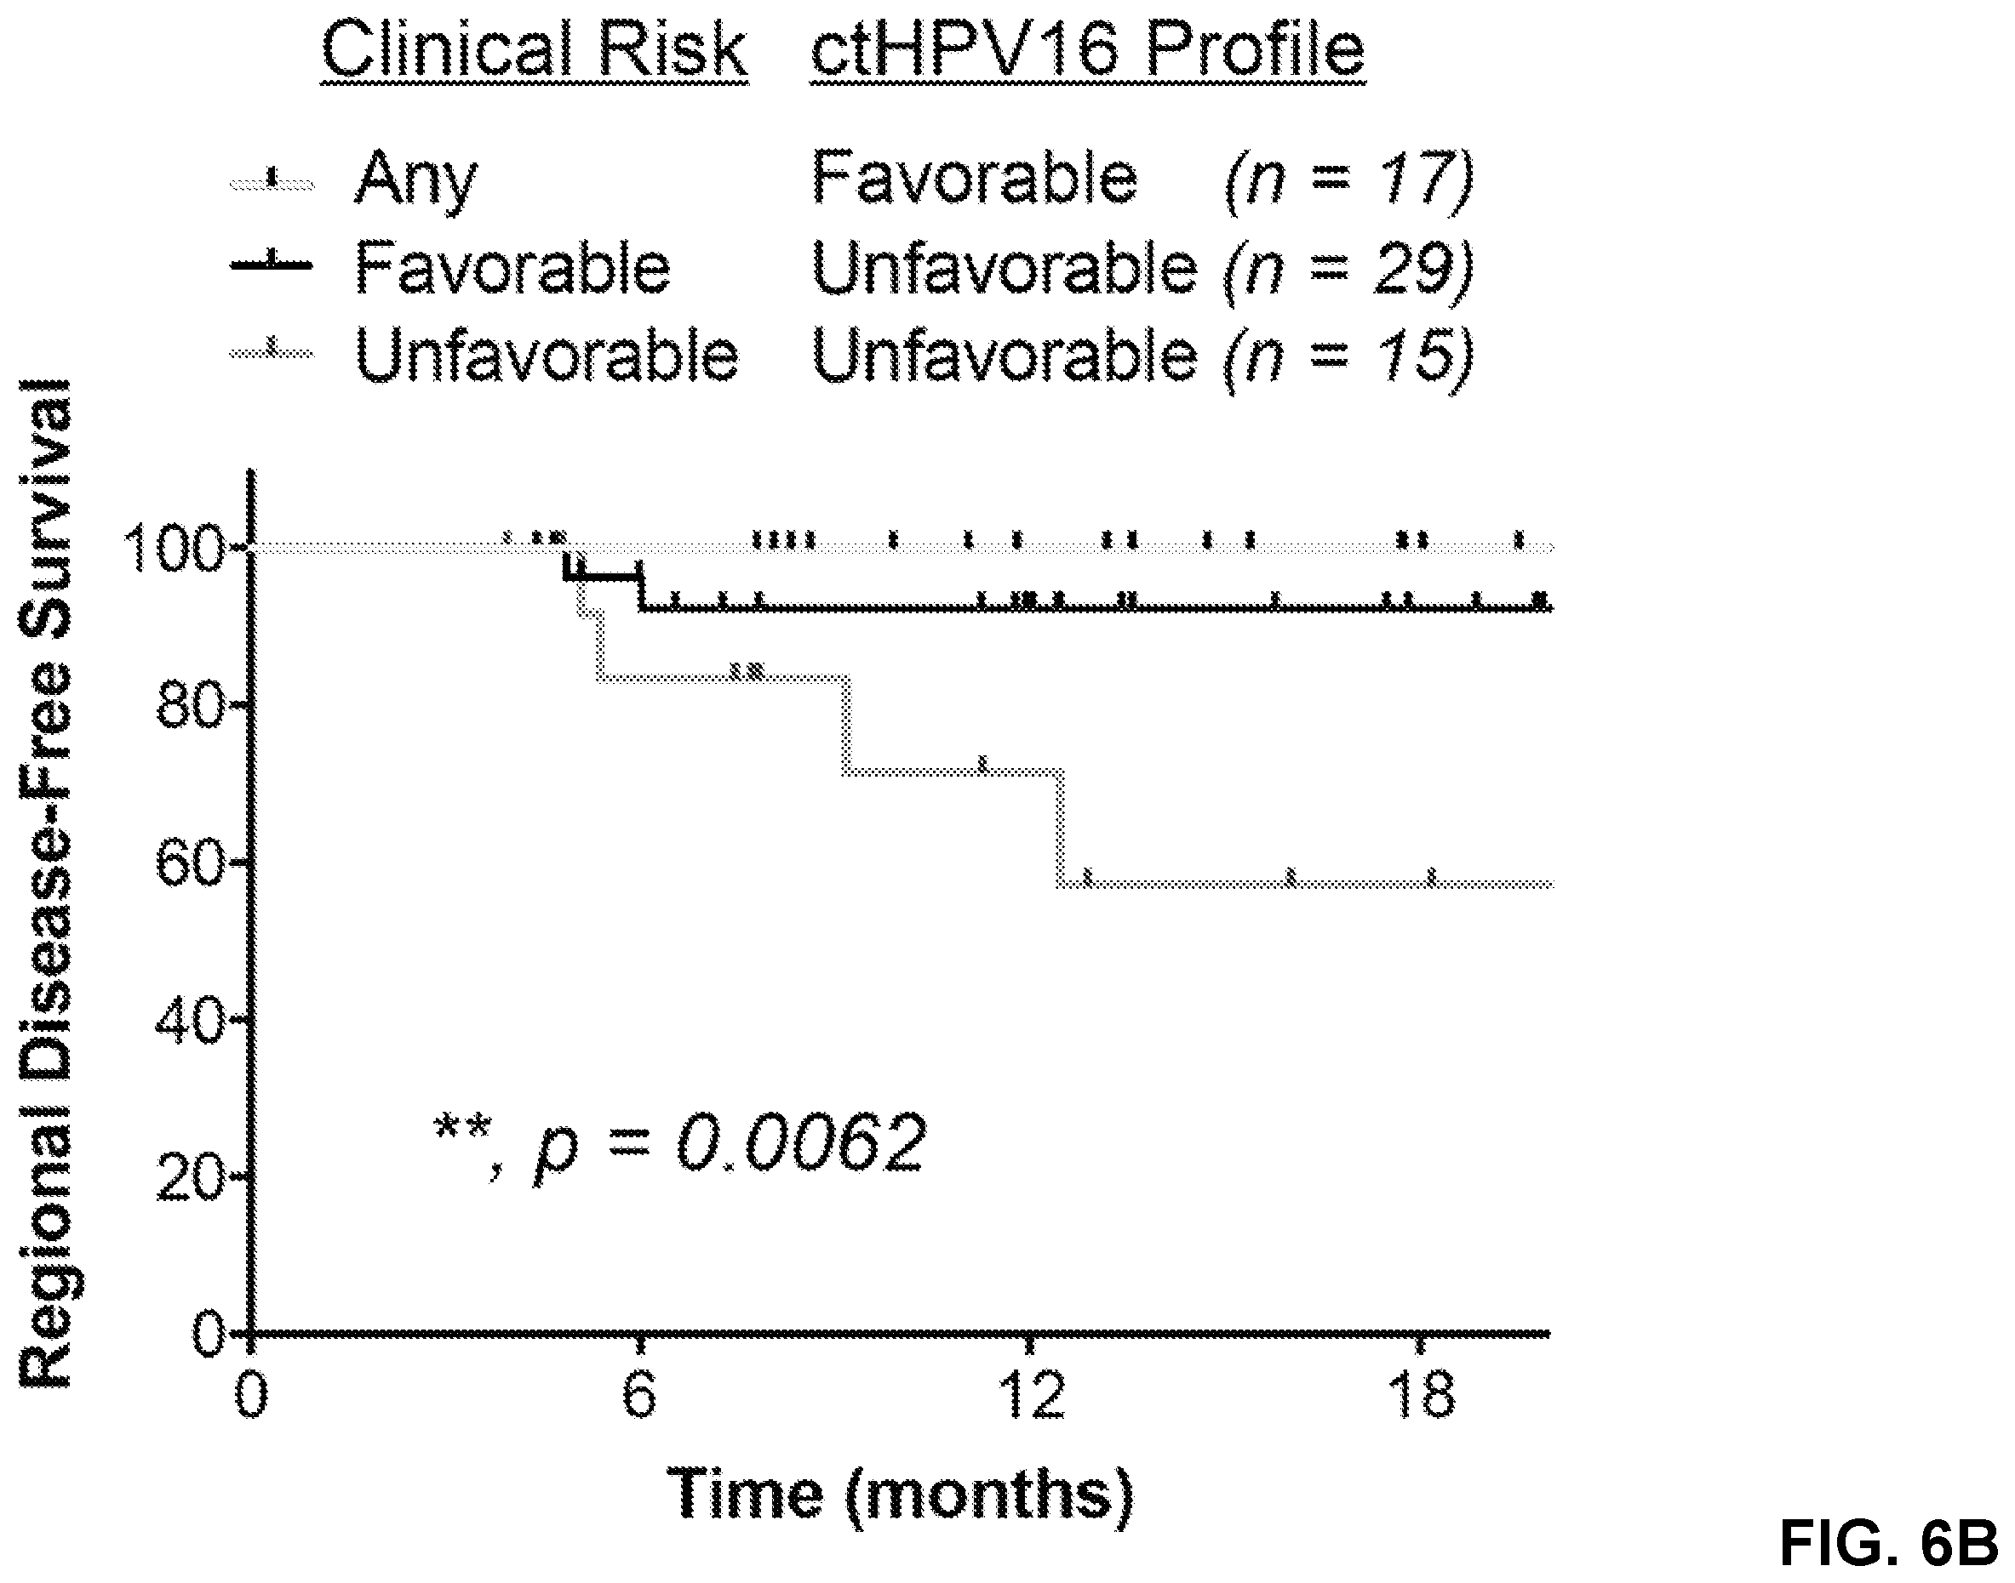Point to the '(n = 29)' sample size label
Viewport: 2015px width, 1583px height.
coord(1349,267)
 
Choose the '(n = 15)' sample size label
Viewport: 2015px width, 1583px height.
coord(1349,356)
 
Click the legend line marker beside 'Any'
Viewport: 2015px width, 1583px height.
coord(272,184)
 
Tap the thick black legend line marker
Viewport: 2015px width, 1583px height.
coord(272,265)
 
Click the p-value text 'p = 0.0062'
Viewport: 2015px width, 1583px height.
coord(730,1146)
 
